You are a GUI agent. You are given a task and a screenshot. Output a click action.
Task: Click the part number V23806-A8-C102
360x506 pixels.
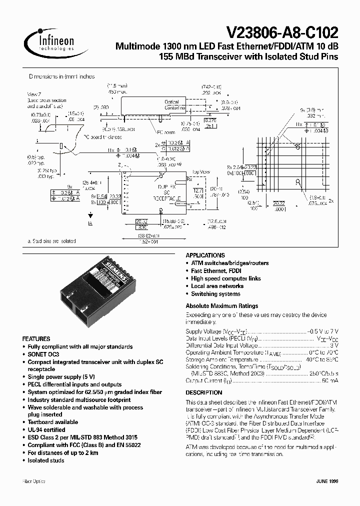pyautogui.click(x=282, y=33)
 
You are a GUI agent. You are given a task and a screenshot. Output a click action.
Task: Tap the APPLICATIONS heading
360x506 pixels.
pyautogui.click(x=205, y=255)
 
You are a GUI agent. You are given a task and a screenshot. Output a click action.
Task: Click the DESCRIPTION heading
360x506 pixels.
pyautogui.click(x=204, y=392)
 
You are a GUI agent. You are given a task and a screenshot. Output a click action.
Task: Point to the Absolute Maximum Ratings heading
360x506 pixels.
pyautogui.click(x=221, y=305)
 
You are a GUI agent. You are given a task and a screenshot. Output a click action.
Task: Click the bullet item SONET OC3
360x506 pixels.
pyautogui.click(x=43, y=354)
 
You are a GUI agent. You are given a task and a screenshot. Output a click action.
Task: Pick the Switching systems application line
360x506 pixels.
pyautogui.click(x=215, y=294)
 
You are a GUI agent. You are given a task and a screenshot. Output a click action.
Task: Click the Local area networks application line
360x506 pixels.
pyautogui.click(x=217, y=286)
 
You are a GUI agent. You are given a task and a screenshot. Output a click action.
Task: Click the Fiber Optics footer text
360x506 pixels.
pyautogui.click(x=34, y=481)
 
